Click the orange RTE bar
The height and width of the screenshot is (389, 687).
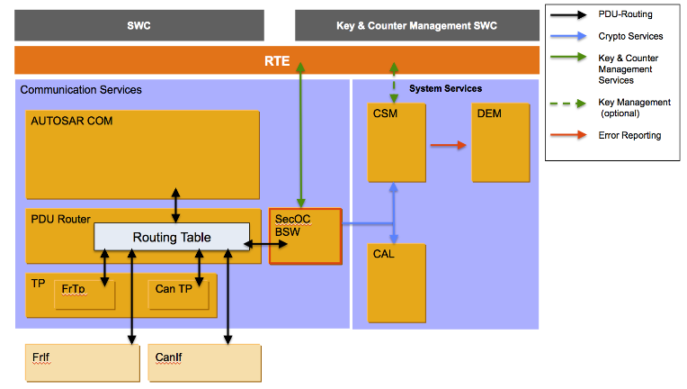click(x=276, y=60)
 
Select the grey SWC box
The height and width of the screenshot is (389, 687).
click(x=139, y=25)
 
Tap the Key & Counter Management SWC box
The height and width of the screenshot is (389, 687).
click(x=416, y=25)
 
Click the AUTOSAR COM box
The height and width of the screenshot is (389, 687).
click(x=143, y=149)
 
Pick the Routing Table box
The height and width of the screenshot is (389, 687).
click(x=172, y=237)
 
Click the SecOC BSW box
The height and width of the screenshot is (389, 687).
click(x=306, y=236)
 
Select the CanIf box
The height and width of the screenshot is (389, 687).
click(x=204, y=361)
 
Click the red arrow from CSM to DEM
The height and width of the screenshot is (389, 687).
click(x=447, y=144)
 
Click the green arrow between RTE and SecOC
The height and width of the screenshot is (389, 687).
click(x=303, y=135)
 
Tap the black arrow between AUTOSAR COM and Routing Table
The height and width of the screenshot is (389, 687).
click(x=175, y=204)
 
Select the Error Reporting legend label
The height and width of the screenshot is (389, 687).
click(x=629, y=135)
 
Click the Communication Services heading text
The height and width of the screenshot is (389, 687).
click(x=81, y=90)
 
